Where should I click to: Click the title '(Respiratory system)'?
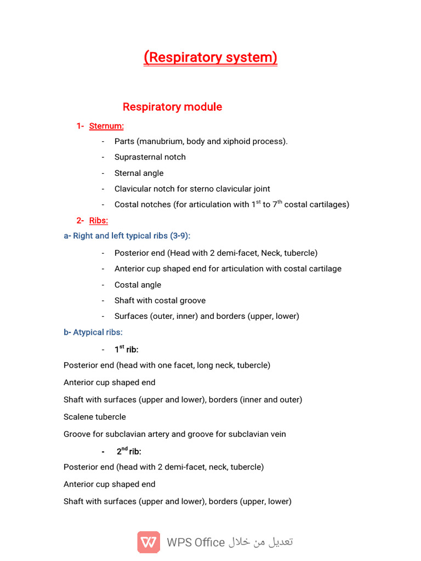pyautogui.click(x=210, y=58)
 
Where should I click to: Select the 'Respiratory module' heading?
pyautogui.click(x=172, y=107)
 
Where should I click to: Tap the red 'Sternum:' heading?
pyautogui.click(x=106, y=126)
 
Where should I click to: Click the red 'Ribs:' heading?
pyautogui.click(x=99, y=220)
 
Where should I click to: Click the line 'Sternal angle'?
pyautogui.click(x=139, y=173)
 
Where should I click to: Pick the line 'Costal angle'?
pyautogui.click(x=138, y=285)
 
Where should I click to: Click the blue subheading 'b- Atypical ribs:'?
pyautogui.click(x=93, y=333)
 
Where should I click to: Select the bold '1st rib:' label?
pyautogui.click(x=126, y=350)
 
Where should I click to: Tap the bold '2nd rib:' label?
pyautogui.click(x=129, y=451)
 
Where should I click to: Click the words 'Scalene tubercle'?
pyautogui.click(x=95, y=417)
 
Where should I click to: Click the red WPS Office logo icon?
pyautogui.click(x=149, y=542)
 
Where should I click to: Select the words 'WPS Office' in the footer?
pyautogui.click(x=196, y=542)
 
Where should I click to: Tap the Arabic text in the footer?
pyautogui.click(x=261, y=542)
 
